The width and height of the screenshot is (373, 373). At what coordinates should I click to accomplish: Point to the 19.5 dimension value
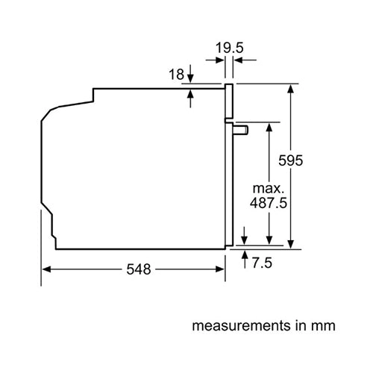(x=228, y=48)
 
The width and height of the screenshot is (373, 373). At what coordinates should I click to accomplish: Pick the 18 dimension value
(x=176, y=75)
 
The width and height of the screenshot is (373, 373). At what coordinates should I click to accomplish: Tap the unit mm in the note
(x=325, y=326)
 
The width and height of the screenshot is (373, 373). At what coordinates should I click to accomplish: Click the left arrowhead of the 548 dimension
(x=45, y=269)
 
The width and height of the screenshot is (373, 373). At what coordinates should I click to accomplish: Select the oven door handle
(x=241, y=131)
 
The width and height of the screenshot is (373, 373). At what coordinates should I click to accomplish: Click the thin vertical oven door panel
(x=229, y=164)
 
